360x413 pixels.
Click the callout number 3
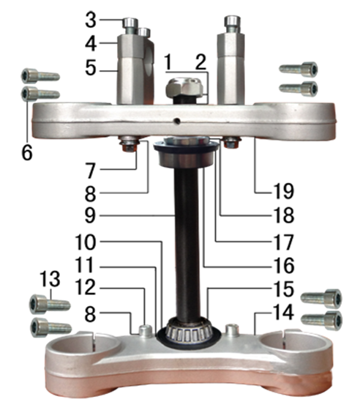[91, 21]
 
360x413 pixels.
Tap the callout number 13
[50, 279]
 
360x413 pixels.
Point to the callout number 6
[27, 152]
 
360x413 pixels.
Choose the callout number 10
[86, 242]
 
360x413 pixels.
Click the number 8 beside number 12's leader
[90, 314]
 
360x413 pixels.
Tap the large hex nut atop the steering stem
[186, 88]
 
